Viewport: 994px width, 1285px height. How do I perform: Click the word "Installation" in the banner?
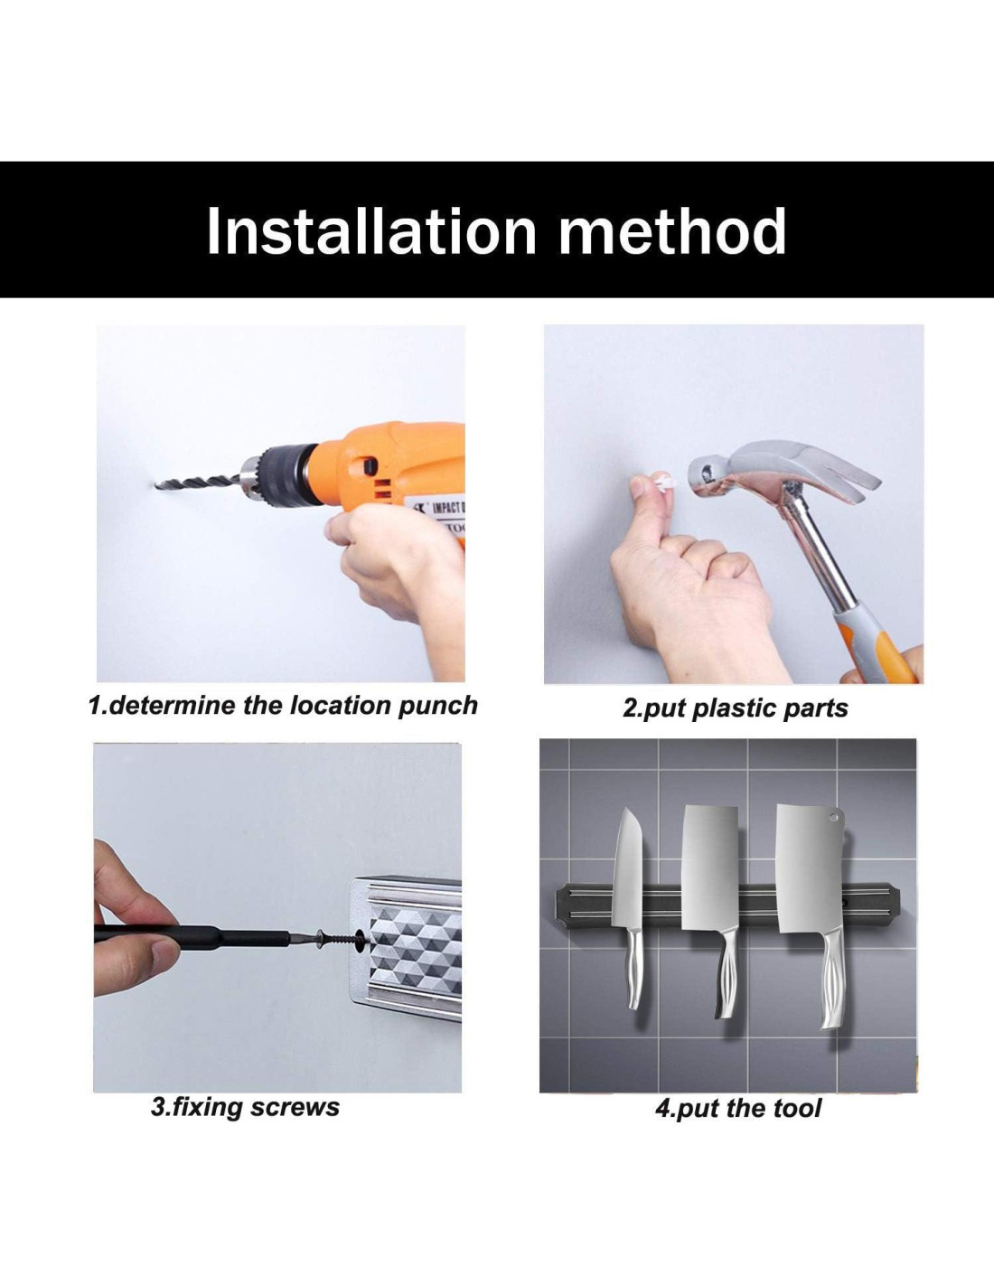[371, 231]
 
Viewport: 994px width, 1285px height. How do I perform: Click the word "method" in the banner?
[672, 231]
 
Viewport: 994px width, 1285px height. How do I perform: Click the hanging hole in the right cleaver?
[834, 818]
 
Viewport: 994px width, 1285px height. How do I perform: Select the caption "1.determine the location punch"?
[283, 706]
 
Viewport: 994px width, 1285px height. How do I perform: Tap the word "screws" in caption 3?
[295, 1107]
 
